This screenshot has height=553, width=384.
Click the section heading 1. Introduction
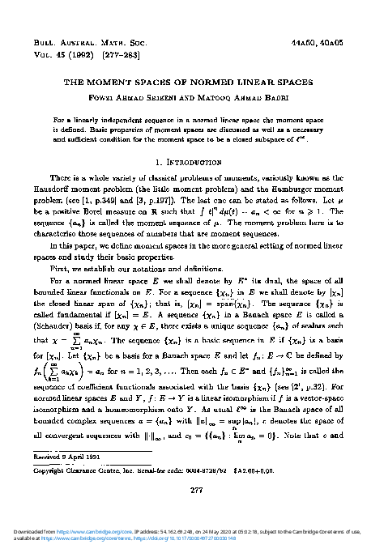pyautogui.click(x=192, y=161)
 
